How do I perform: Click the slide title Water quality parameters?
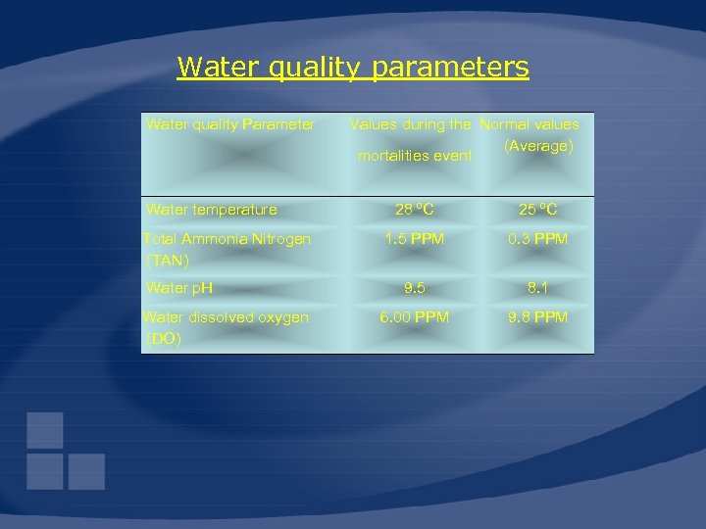tap(352, 68)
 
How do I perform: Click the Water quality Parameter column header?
tap(230, 124)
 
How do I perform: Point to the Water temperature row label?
tap(212, 210)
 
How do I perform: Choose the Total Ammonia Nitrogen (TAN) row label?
tap(227, 249)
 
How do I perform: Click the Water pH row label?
tap(179, 288)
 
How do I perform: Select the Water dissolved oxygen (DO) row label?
tap(226, 327)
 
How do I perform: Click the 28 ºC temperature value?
tap(415, 210)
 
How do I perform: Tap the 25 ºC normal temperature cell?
tap(537, 210)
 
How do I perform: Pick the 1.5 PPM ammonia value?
tap(415, 239)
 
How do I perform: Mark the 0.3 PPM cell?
tap(537, 239)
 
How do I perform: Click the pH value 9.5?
tap(415, 288)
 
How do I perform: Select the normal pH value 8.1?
tap(537, 288)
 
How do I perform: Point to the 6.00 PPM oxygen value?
tap(415, 317)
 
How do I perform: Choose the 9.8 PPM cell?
tap(537, 317)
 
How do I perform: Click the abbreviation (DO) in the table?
tap(163, 339)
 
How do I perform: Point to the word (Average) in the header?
tap(538, 146)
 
